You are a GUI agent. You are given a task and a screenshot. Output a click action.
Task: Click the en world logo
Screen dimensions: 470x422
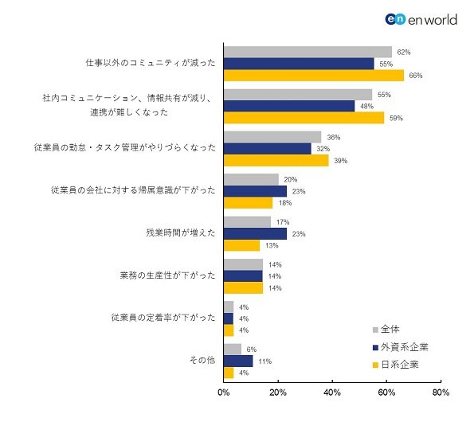421,19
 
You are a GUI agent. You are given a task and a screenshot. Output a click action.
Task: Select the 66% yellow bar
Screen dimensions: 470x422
314,76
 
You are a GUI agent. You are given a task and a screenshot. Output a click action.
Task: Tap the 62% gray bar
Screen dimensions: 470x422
307,52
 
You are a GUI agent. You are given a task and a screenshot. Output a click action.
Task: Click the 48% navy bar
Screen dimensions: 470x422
289,107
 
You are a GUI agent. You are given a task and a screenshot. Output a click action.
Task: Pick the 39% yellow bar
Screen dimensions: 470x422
276,161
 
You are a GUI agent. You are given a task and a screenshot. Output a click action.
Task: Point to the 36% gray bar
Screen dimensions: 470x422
272,137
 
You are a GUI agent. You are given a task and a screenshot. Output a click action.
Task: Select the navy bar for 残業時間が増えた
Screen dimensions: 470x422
256,234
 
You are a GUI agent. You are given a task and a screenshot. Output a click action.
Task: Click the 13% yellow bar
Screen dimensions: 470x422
242,245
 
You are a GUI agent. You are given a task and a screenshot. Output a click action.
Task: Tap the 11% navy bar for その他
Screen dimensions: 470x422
238,361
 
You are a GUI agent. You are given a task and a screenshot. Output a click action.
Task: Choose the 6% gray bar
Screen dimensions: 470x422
233,350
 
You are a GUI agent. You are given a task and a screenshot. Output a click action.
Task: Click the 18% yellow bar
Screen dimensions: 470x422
249,203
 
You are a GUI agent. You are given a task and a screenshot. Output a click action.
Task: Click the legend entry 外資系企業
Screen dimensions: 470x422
401,347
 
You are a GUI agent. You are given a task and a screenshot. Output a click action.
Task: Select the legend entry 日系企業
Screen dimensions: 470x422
396,365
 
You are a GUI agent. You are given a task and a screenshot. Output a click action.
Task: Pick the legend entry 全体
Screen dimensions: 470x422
386,330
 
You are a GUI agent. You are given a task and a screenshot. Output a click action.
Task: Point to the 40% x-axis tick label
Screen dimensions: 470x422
332,393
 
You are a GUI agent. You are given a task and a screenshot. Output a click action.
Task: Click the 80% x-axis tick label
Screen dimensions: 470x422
441,393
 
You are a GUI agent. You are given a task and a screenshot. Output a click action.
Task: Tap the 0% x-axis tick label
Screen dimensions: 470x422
224,393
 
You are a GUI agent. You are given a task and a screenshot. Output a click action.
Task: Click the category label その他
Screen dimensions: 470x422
202,360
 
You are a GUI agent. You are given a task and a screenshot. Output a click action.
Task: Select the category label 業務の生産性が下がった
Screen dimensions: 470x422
167,275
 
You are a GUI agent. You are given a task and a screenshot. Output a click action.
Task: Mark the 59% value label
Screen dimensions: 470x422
396,119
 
